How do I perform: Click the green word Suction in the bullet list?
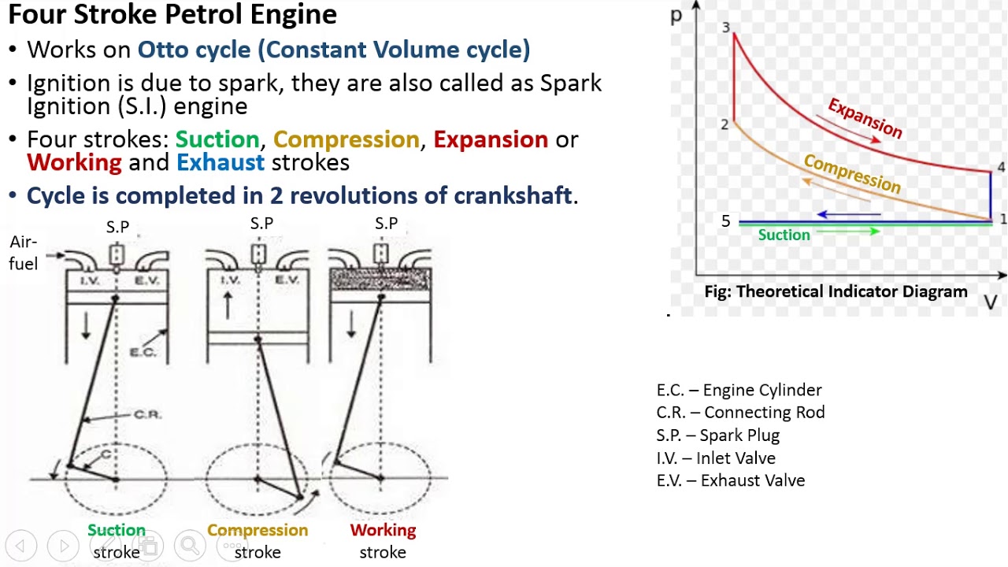[x=217, y=139]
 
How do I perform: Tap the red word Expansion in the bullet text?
[x=490, y=139]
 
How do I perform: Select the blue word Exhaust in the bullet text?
[x=220, y=162]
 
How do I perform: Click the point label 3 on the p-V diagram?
[x=725, y=28]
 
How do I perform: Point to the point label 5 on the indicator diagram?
[x=725, y=221]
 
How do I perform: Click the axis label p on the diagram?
[x=676, y=16]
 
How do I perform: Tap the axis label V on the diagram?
[x=991, y=303]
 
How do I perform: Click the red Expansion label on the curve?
[x=865, y=118]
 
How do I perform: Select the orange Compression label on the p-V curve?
[x=851, y=173]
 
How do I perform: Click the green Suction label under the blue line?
[x=784, y=235]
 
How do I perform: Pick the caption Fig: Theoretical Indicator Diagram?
[x=836, y=291]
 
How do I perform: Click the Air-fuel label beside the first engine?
[x=24, y=253]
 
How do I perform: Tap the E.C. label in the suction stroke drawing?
[x=143, y=352]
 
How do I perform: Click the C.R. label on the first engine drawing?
[x=147, y=414]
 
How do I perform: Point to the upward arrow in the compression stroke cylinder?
[x=228, y=303]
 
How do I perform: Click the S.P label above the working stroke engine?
[x=386, y=224]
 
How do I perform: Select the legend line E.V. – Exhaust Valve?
[x=730, y=480]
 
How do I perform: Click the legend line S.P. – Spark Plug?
[x=717, y=435]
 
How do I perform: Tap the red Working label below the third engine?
[x=383, y=530]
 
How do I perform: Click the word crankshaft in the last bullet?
[x=510, y=195]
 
